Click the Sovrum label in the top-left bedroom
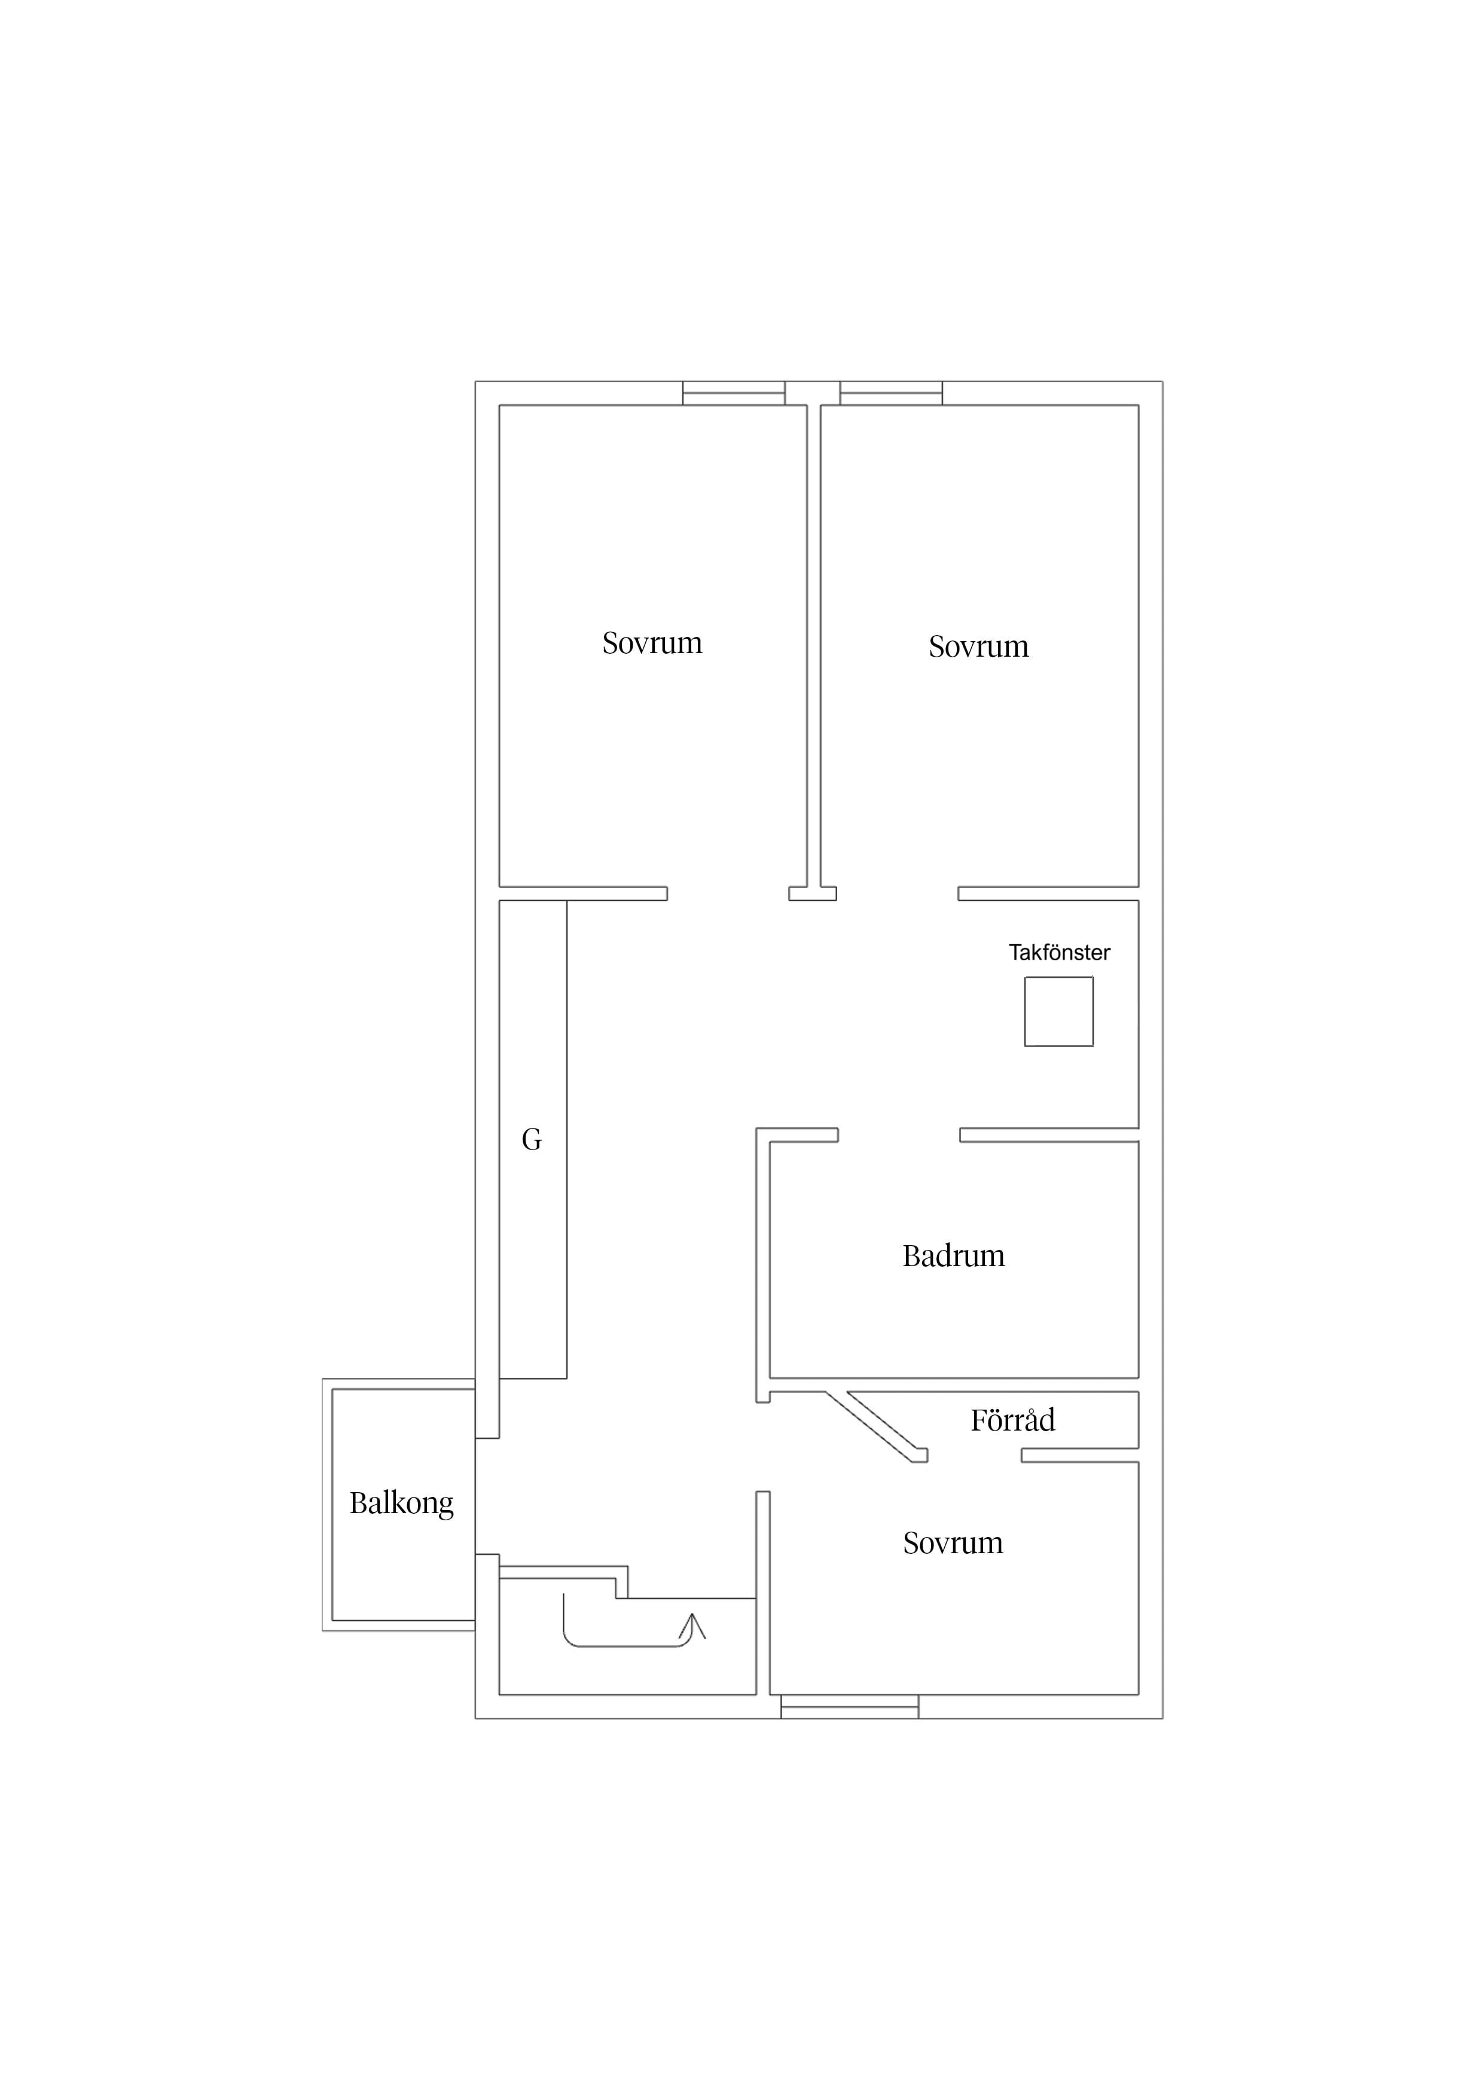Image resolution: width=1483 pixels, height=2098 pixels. [652, 644]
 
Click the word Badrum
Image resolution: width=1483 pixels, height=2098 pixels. [953, 1257]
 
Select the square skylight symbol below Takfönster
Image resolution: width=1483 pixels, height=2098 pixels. [1059, 1011]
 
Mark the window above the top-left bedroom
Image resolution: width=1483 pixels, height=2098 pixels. [734, 393]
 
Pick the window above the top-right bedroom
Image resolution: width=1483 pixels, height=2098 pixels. [891, 393]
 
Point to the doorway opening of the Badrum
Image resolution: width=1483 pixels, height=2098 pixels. [899, 1135]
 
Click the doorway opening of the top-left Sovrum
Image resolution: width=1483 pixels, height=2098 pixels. [728, 894]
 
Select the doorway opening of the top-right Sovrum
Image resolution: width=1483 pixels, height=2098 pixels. [898, 894]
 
